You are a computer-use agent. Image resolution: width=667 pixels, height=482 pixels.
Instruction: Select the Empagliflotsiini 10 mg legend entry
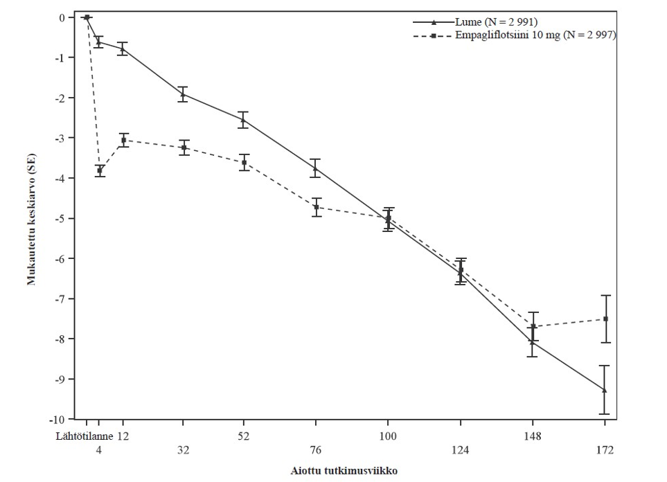(x=533, y=35)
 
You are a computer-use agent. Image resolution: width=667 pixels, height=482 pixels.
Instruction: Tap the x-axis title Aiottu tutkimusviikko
(x=344, y=470)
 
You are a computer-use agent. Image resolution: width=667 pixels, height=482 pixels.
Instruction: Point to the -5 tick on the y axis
(x=64, y=219)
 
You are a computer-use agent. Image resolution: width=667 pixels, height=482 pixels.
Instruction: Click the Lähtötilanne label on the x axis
(x=83, y=436)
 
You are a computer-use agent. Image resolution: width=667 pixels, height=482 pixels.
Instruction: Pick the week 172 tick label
(x=605, y=449)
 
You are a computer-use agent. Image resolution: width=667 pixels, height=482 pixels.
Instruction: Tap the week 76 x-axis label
(x=316, y=449)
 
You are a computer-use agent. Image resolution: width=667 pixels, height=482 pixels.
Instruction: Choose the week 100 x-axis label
(x=388, y=436)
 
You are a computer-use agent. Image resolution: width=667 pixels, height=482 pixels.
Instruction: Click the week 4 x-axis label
(x=99, y=449)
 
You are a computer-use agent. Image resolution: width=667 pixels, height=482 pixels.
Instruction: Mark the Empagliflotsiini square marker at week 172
(x=605, y=319)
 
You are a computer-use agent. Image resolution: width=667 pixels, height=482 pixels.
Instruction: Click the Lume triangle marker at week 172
(x=605, y=390)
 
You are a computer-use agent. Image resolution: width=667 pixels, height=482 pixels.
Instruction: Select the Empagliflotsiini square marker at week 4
(x=100, y=170)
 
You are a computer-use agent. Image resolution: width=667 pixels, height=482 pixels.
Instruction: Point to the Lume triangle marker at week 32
(x=183, y=94)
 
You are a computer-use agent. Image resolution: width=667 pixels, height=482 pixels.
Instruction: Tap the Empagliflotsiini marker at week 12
(x=123, y=140)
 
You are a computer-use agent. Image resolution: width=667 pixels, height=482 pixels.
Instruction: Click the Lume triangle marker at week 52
(x=243, y=120)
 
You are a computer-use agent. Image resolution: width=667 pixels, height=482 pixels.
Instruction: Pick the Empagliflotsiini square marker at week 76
(x=316, y=207)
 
